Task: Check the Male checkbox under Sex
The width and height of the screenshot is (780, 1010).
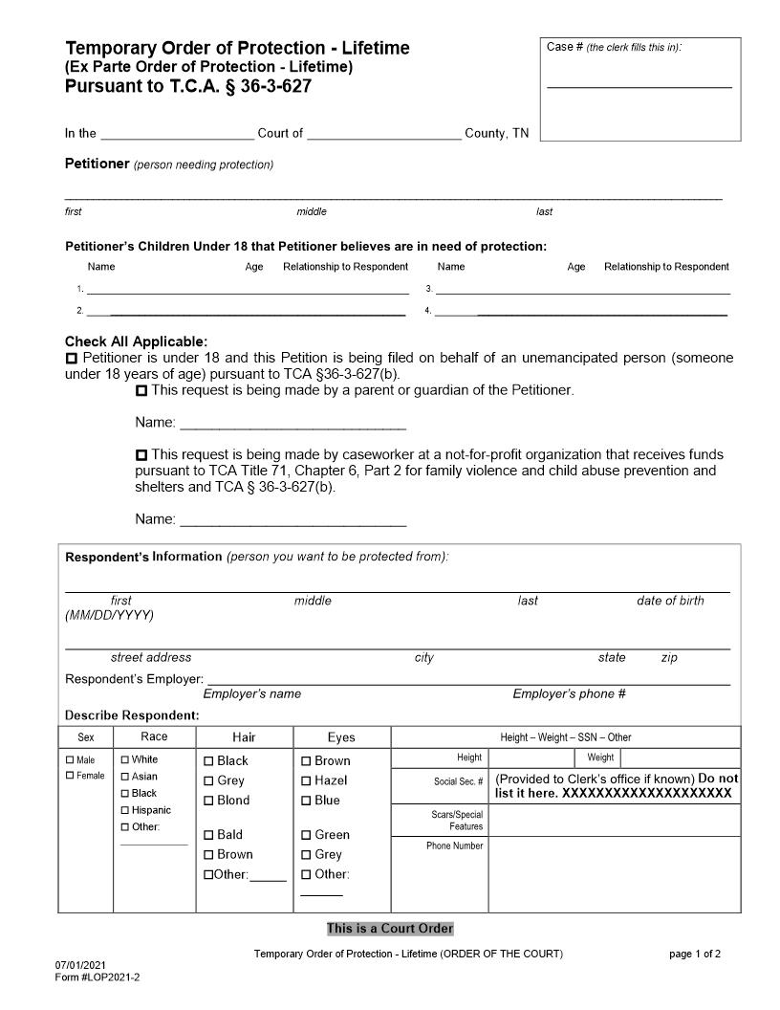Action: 70,760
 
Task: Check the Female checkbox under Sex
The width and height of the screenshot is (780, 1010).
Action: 70,776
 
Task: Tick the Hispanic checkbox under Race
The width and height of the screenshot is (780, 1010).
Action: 125,810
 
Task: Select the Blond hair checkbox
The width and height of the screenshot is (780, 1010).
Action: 208,801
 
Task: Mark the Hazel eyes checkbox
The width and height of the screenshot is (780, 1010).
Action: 306,781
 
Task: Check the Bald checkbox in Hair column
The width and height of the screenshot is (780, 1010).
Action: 208,835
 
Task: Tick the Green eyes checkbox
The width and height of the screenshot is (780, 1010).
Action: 306,835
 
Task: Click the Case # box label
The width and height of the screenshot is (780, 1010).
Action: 614,47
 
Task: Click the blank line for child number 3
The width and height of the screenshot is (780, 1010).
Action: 583,289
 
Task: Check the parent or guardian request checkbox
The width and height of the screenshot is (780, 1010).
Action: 141,391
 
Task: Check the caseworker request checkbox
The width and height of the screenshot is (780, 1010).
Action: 141,455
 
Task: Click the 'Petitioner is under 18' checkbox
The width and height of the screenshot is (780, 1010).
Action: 72,358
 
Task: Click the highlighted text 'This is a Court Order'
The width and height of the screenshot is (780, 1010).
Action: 390,929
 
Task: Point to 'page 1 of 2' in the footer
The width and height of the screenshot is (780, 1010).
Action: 695,955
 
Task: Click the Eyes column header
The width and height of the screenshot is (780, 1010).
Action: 341,737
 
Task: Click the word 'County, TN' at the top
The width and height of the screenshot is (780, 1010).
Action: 496,134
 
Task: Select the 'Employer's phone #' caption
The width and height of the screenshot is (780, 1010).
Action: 569,694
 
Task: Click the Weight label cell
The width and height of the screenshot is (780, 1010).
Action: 600,757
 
